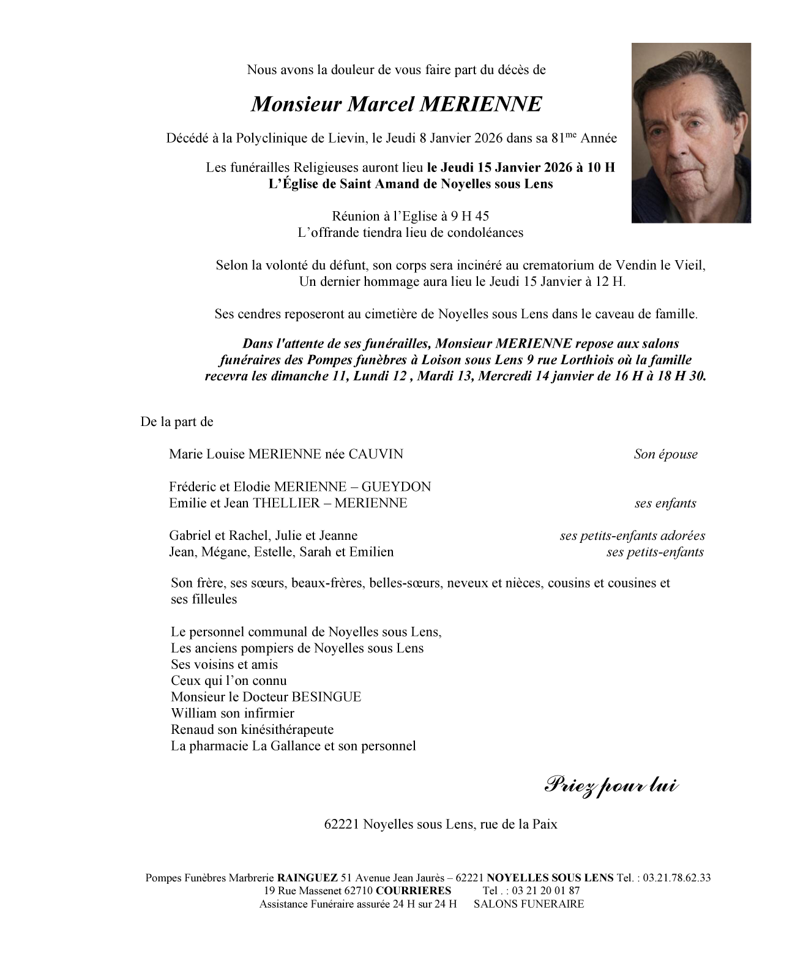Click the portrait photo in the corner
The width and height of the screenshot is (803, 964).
[691, 133]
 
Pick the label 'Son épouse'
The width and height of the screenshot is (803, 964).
[665, 454]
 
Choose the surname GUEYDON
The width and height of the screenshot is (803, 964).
[396, 487]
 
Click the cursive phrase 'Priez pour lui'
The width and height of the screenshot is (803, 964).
[611, 785]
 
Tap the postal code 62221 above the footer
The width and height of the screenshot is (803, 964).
[342, 824]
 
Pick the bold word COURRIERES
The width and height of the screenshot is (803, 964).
[413, 891]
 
